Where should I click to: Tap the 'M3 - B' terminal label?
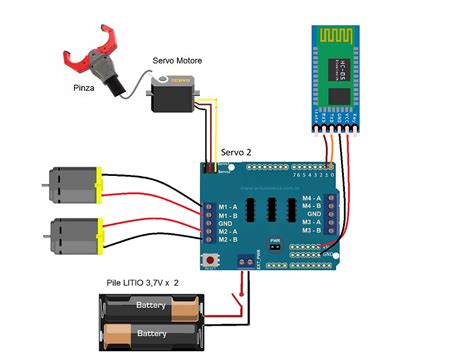pyautogui.click(x=311, y=231)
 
